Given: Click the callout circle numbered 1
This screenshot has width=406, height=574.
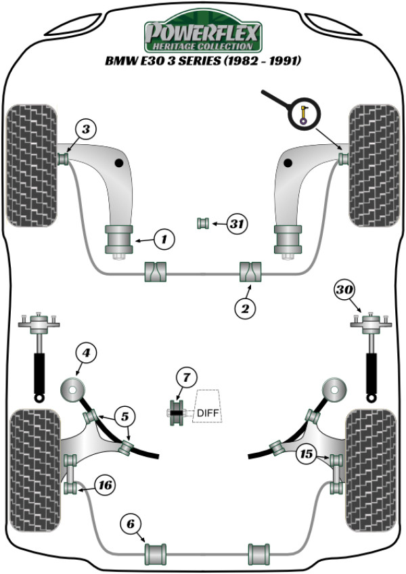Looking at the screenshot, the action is [164, 240].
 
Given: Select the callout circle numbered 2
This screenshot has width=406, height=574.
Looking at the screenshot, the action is [244, 308].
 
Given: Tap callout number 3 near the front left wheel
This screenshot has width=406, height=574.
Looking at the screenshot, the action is [86, 129].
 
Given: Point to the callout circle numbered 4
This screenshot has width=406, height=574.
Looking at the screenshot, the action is [86, 353].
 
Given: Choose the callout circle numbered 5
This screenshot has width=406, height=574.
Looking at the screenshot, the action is [125, 416].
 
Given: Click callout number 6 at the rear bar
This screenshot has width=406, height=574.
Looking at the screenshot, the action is [131, 524].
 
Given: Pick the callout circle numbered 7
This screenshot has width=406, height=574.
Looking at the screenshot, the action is [187, 377].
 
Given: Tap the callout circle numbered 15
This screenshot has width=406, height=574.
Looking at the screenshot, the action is [307, 454].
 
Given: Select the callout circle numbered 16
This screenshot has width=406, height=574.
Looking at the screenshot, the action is [106, 485].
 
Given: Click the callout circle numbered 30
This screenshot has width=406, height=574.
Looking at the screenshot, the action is [344, 290].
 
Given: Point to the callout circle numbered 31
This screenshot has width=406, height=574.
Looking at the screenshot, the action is [237, 223].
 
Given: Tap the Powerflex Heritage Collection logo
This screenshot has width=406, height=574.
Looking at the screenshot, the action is [203, 32].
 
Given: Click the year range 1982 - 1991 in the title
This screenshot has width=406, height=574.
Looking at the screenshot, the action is [262, 60].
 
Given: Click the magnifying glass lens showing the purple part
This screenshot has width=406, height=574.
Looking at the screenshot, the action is [304, 114].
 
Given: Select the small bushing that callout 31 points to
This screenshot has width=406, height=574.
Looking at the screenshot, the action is [203, 223].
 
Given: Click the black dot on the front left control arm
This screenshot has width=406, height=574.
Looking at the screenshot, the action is [118, 163].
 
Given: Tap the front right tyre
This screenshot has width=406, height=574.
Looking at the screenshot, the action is [374, 165].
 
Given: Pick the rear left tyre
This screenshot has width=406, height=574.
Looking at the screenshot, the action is [35, 470].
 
